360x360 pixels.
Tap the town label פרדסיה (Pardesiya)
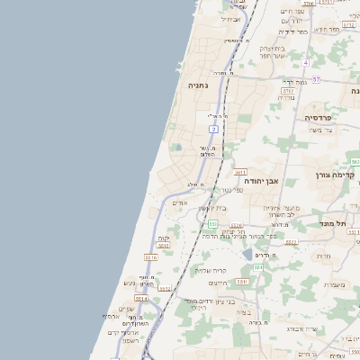pos(318,117)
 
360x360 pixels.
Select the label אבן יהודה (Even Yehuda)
pos(261,181)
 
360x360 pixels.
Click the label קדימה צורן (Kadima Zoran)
pos(337,175)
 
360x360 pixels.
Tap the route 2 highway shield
pos(214,130)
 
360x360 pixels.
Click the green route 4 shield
pos(306,62)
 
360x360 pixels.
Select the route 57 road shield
pos(316,79)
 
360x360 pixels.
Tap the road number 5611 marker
pos(240,172)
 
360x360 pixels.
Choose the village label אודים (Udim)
pos(179,202)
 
